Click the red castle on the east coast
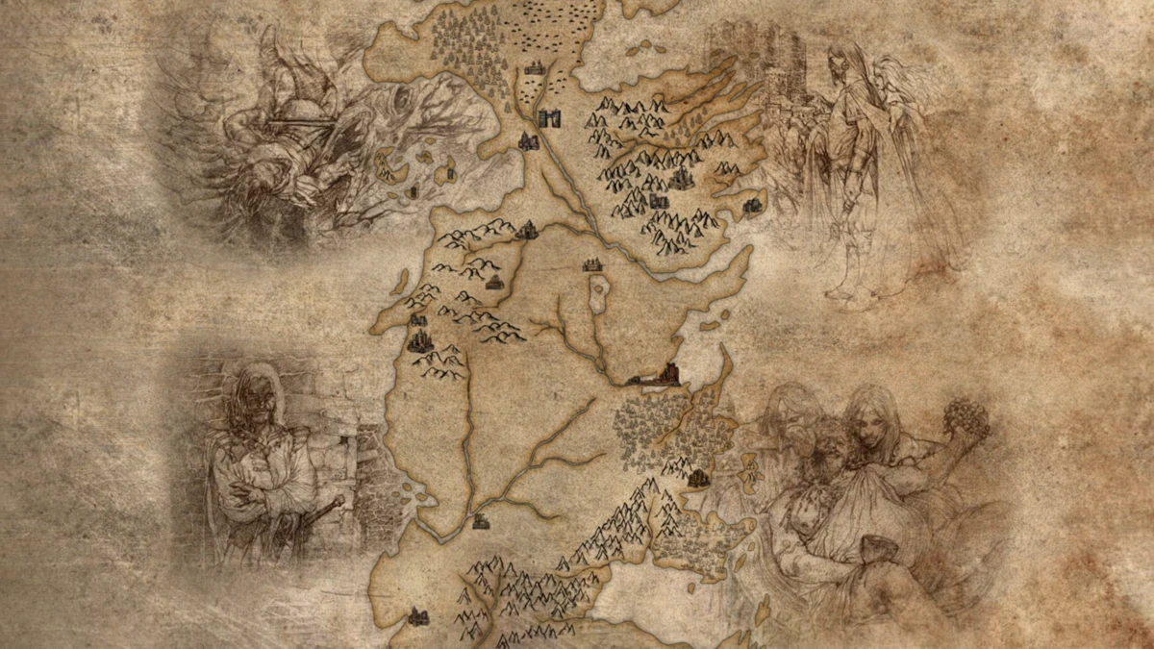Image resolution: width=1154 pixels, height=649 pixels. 664,375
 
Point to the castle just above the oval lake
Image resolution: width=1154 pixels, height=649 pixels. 592,264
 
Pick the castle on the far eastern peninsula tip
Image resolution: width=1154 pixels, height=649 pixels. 753,204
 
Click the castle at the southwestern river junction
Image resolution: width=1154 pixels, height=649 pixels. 482,521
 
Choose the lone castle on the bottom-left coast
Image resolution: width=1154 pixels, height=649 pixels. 417,616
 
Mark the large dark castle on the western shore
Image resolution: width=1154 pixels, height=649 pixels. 419,340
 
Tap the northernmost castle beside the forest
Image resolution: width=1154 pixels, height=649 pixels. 535,68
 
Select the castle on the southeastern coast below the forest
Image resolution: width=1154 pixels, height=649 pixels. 699,477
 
